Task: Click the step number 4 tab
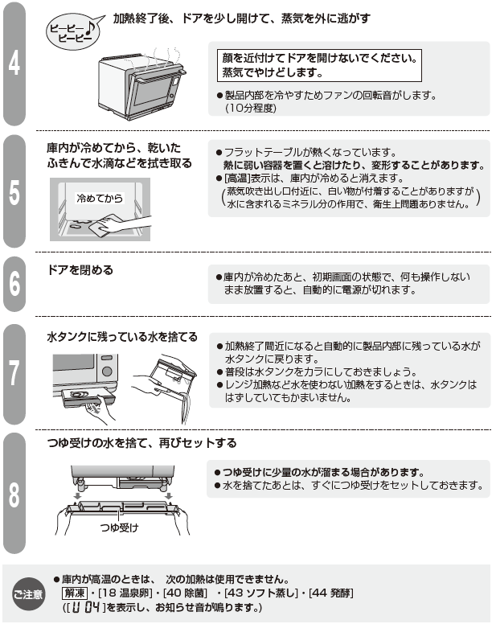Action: coord(14,64)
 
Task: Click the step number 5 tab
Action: coord(14,192)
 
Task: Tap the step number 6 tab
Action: coord(14,284)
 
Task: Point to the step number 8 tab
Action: coord(14,493)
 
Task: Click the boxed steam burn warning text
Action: coord(319,65)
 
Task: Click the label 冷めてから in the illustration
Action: coord(99,197)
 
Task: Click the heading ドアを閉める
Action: coord(80,270)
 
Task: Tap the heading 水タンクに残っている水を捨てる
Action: coord(121,337)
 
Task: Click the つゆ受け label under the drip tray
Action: coord(120,527)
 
